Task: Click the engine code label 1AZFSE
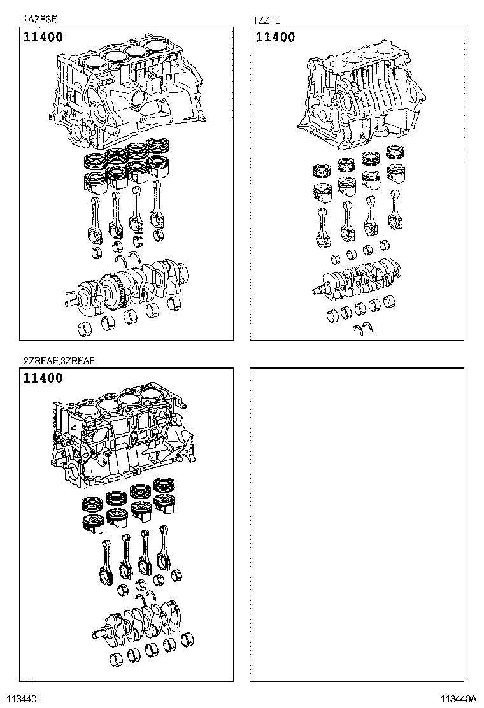[x=40, y=20]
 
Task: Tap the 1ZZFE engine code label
[x=267, y=20]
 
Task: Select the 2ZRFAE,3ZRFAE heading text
[x=59, y=361]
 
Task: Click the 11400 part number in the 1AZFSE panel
[x=43, y=38]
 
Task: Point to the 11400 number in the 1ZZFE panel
[x=275, y=38]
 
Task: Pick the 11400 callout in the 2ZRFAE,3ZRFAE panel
[x=43, y=378]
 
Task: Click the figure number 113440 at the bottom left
[x=22, y=698]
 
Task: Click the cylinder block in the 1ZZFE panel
[x=360, y=96]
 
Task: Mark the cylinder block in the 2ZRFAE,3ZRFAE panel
[x=121, y=439]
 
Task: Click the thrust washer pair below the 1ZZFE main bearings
[x=364, y=329]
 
